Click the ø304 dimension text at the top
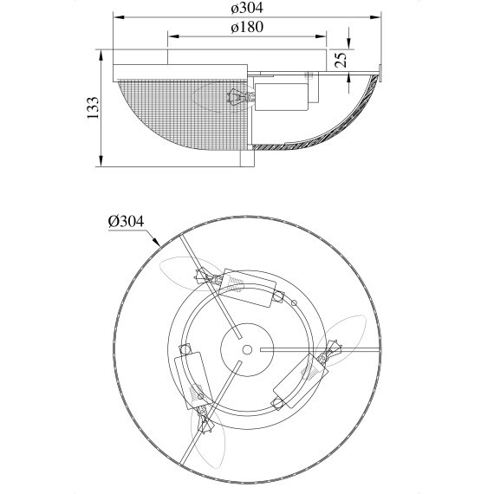[247, 8]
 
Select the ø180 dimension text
[247, 27]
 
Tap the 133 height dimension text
[93, 107]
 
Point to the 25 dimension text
[341, 60]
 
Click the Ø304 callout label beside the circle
[126, 221]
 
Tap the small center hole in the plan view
[247, 349]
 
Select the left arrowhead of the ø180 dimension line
[173, 36]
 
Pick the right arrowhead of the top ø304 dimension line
[375, 17]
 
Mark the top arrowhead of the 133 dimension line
[101, 55]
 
